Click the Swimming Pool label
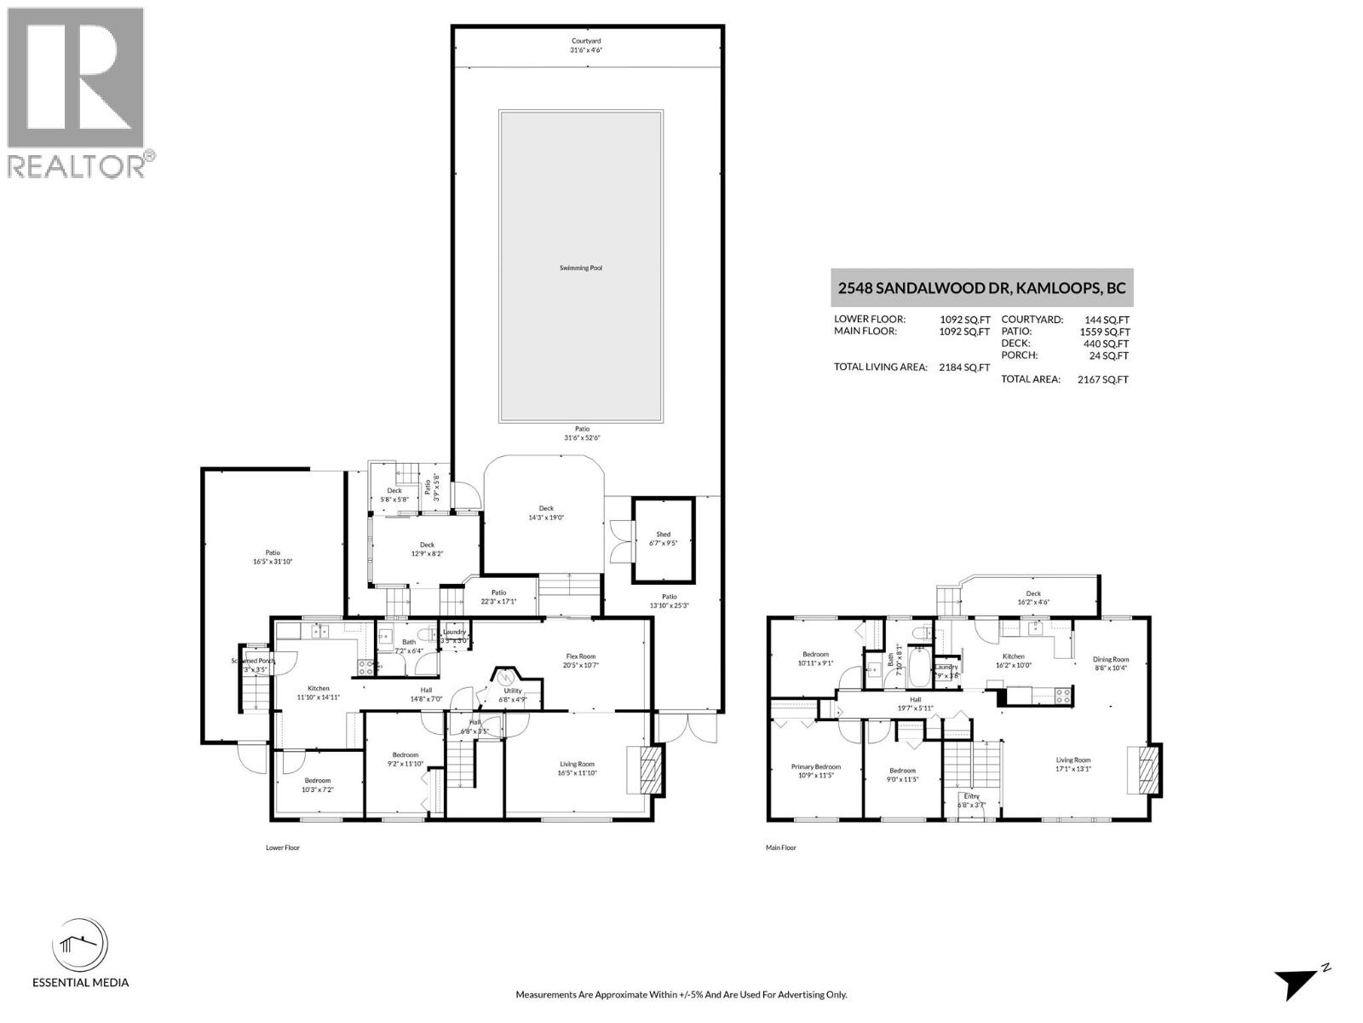(581, 268)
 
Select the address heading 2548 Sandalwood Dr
(981, 288)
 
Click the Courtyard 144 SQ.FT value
(1107, 320)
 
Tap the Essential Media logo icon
(80, 946)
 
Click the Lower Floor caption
(282, 847)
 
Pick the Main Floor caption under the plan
(780, 847)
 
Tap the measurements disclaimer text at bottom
(681, 994)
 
